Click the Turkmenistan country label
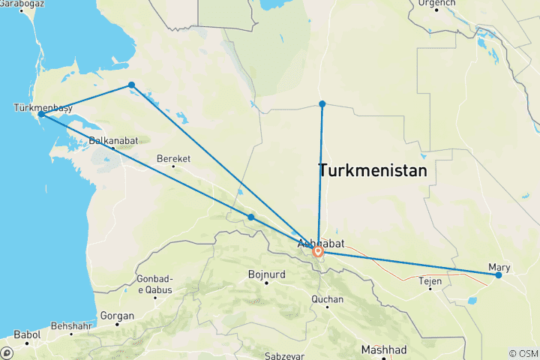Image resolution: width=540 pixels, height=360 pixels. coord(373,170)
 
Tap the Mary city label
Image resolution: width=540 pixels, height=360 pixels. coord(499,266)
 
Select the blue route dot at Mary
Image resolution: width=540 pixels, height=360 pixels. coord(499,275)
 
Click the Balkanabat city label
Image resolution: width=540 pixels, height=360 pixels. coord(112,140)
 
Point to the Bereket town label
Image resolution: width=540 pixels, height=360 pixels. coord(173,158)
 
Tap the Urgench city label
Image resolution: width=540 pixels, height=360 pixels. coord(436,3)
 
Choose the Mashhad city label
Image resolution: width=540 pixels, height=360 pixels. coord(382,350)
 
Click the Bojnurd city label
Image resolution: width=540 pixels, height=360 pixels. coord(265,274)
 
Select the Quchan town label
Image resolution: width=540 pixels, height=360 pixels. coord(328,299)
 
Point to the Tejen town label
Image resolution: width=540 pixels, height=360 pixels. coord(430,280)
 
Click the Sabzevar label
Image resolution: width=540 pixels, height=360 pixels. coord(286,355)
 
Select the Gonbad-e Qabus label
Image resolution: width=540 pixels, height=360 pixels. coord(155,284)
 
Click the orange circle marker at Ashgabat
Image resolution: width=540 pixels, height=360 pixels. coord(318,252)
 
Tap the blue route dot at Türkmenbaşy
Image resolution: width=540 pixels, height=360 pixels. coord(42,115)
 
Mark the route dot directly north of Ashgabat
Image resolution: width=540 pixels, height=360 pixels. coord(322,103)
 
